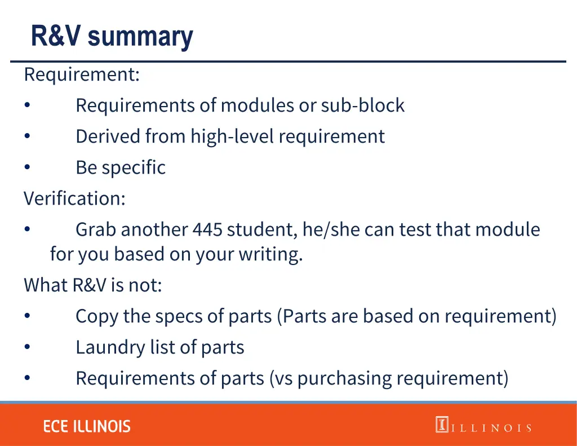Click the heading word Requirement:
(x=82, y=74)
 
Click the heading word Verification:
(x=74, y=198)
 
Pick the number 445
(x=207, y=229)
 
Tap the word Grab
(x=96, y=229)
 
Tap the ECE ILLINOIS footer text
(x=87, y=426)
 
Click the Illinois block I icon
(x=442, y=425)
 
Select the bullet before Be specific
(x=27, y=167)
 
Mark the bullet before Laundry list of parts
(x=27, y=347)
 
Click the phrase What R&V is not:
(x=92, y=285)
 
